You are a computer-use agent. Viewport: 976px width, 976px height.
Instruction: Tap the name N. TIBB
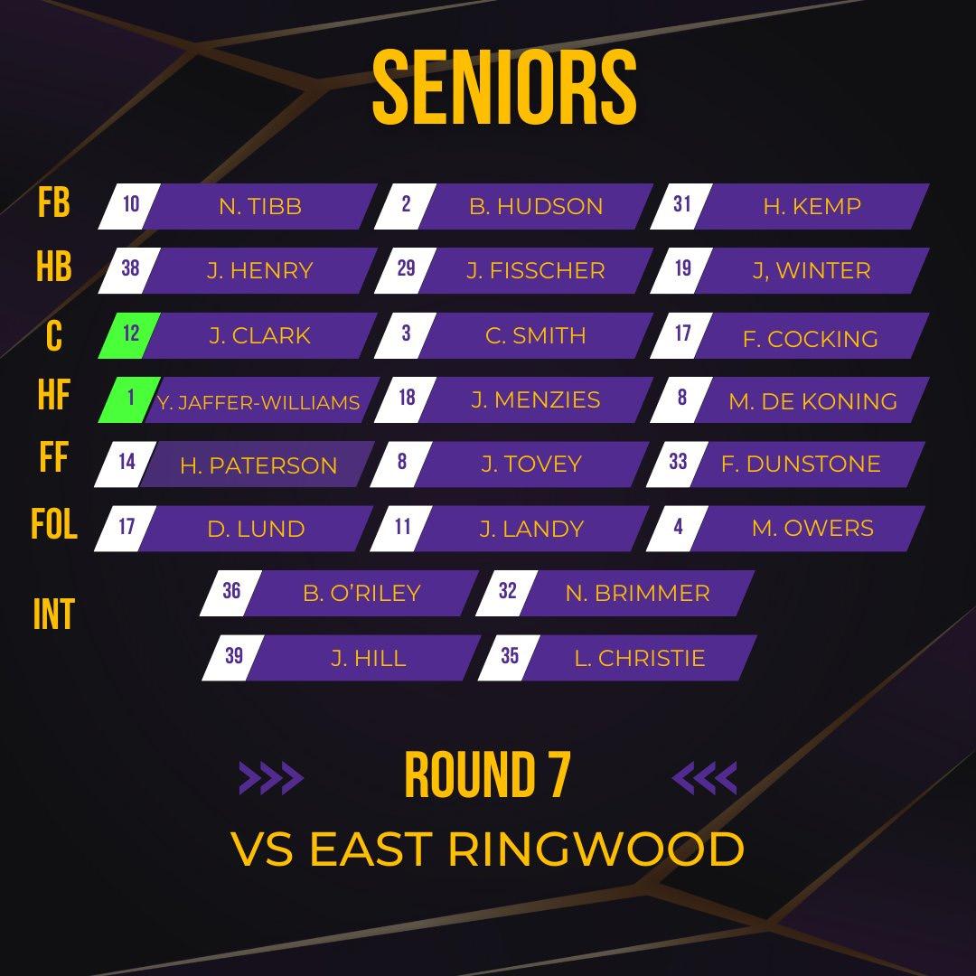coord(259,206)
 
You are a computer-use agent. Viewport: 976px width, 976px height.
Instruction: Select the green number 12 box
coord(131,334)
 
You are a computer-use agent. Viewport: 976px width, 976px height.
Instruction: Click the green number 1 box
coord(132,399)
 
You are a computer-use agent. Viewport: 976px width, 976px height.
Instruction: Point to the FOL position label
coord(54,525)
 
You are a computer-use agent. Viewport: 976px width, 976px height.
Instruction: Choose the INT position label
coord(53,615)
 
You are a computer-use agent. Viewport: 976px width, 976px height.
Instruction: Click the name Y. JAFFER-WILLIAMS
coord(258,402)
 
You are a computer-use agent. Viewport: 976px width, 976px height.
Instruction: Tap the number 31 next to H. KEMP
coord(682,204)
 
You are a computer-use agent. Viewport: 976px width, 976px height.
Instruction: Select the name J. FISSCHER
coord(535,270)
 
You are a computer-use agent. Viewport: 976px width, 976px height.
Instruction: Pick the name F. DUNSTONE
coord(800,464)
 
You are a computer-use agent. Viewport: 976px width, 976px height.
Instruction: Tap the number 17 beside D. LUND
coord(127,526)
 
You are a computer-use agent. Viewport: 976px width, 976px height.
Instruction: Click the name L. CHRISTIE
coord(639,658)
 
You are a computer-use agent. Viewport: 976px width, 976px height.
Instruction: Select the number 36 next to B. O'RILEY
coord(231,591)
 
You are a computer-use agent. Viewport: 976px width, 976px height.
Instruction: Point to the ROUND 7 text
coord(487,776)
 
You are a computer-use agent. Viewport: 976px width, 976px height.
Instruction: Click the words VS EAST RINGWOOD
coord(488,849)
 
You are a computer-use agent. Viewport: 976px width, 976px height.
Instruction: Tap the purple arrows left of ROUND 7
coord(271,777)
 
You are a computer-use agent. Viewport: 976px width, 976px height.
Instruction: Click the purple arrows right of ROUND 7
coord(706,777)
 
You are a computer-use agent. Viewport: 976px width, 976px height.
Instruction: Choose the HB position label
coord(54,268)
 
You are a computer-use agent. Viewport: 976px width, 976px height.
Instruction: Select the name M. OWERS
coord(812,528)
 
